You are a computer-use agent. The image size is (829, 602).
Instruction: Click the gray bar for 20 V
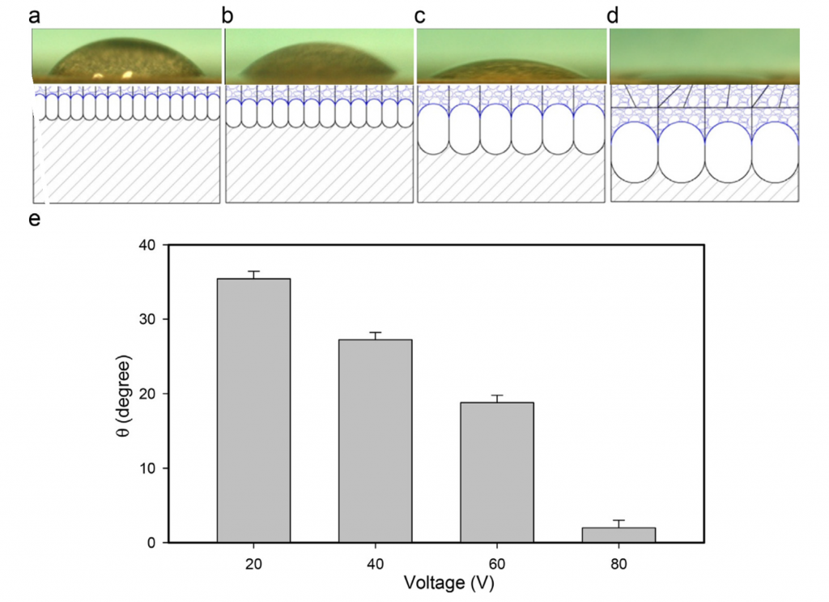pyautogui.click(x=253, y=411)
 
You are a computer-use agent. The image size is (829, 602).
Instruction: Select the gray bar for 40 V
pyautogui.click(x=376, y=442)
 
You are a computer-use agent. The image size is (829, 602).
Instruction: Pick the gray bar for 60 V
pyautogui.click(x=497, y=472)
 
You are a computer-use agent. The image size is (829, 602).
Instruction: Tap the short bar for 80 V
pyautogui.click(x=619, y=535)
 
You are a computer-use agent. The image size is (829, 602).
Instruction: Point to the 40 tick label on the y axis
pyautogui.click(x=147, y=245)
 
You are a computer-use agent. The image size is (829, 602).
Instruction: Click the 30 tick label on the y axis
pyautogui.click(x=147, y=319)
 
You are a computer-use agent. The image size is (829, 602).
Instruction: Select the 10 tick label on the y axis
pyautogui.click(x=147, y=468)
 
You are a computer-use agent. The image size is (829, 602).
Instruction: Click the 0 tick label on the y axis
pyautogui.click(x=151, y=543)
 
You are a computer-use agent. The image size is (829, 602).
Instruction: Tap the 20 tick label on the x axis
pyautogui.click(x=253, y=564)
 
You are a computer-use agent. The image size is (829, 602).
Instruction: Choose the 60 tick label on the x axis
pyautogui.click(x=497, y=564)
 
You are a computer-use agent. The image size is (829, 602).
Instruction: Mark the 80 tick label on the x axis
pyautogui.click(x=619, y=564)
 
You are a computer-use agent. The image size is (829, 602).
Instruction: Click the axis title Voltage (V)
pyautogui.click(x=449, y=583)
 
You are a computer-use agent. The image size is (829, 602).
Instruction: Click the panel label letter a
pyautogui.click(x=34, y=16)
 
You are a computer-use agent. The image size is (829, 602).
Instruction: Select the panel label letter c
pyautogui.click(x=420, y=16)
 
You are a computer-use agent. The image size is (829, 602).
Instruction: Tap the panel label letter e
pyautogui.click(x=34, y=219)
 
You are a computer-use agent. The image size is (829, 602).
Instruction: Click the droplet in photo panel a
pyautogui.click(x=125, y=59)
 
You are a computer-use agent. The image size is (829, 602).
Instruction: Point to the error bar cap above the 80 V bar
pyautogui.click(x=619, y=520)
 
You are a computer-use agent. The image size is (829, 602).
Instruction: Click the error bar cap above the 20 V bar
pyautogui.click(x=253, y=271)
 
